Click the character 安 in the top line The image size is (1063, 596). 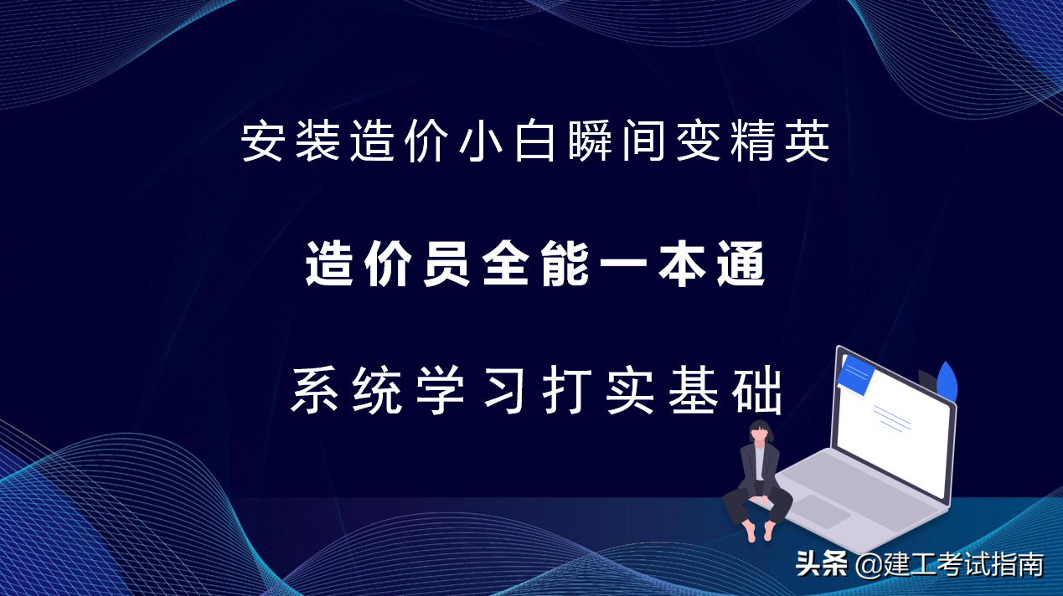pyautogui.click(x=261, y=142)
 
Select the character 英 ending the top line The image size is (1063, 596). pyautogui.click(x=809, y=142)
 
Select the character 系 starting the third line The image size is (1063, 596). pyautogui.click(x=314, y=391)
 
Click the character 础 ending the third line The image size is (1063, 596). pyautogui.click(x=757, y=391)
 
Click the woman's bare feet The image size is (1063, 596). pyautogui.click(x=757, y=531)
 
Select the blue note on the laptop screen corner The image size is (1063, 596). pyautogui.click(x=857, y=376)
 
